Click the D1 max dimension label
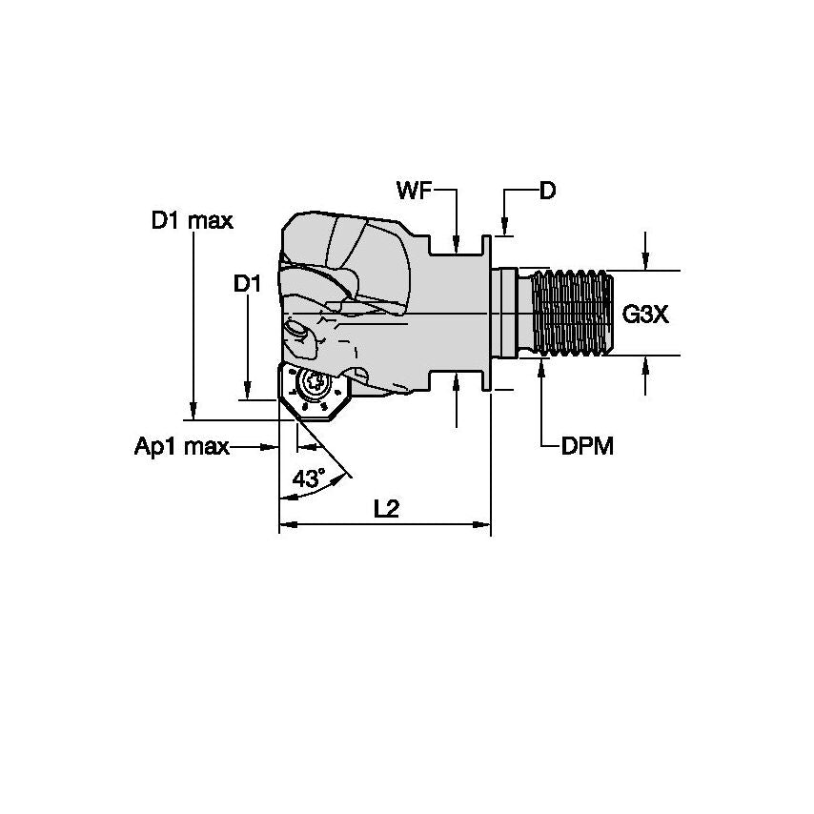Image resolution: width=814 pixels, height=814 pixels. [192, 221]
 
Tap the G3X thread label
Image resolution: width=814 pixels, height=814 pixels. [645, 315]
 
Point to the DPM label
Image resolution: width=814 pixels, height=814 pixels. [586, 446]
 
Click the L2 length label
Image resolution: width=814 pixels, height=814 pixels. [386, 510]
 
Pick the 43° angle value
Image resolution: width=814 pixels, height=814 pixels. [309, 479]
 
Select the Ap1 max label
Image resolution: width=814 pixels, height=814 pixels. [181, 446]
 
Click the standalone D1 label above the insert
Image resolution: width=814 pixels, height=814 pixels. [247, 283]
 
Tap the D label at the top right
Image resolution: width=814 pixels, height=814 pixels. [547, 191]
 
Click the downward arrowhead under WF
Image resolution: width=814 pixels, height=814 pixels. [457, 247]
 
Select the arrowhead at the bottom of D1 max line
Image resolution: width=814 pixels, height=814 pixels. [193, 412]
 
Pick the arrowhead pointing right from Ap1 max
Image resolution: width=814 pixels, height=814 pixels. [271, 446]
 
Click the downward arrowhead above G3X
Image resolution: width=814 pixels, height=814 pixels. [646, 263]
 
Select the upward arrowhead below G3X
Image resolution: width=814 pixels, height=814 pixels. [646, 363]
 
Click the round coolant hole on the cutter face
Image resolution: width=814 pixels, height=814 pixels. [297, 334]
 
